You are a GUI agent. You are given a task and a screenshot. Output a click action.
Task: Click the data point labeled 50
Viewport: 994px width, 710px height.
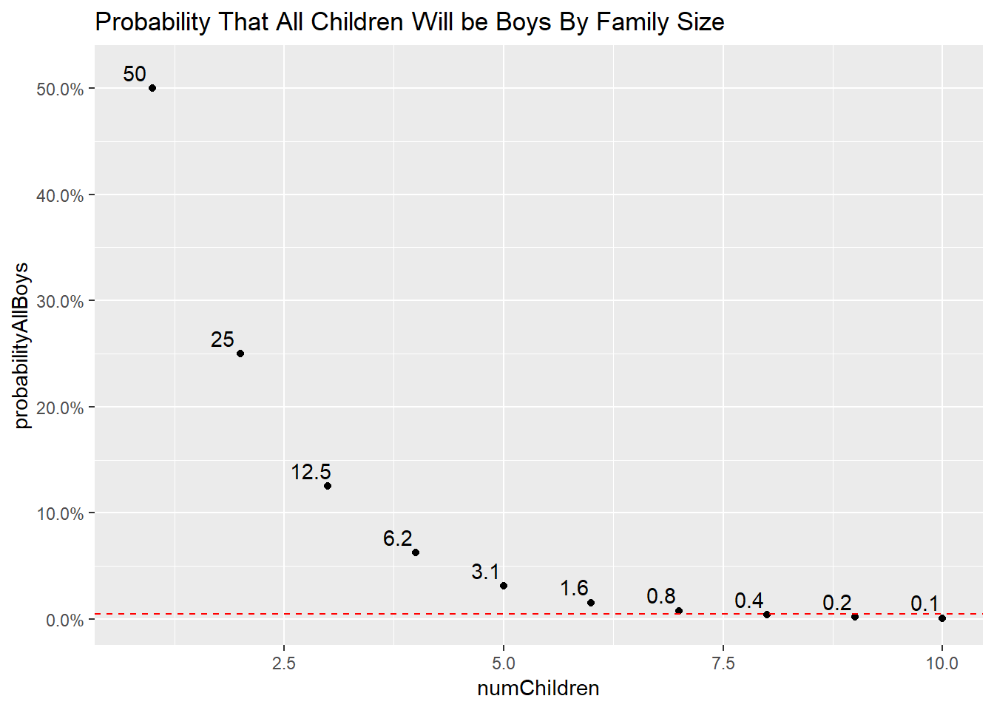pos(152,88)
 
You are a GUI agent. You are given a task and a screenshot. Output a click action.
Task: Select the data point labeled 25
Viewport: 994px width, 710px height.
pos(240,354)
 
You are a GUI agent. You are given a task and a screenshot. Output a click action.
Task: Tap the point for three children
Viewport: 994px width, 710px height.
pos(328,486)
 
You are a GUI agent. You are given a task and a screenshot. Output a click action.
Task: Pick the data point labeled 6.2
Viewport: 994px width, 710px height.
pos(416,552)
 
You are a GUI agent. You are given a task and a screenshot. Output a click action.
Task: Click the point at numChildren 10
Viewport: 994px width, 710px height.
pos(942,618)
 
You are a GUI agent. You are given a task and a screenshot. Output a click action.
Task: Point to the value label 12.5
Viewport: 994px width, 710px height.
pos(311,472)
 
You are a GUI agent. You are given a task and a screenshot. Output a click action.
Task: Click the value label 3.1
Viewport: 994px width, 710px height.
pos(485,572)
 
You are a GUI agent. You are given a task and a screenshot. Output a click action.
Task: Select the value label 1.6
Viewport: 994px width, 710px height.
pos(574,588)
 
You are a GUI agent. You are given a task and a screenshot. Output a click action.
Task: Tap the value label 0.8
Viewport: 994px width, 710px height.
pos(660,596)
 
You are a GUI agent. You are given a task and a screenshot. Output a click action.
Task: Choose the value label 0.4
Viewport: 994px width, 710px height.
pos(748,601)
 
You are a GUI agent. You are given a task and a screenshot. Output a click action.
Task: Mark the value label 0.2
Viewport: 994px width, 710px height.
pos(836,603)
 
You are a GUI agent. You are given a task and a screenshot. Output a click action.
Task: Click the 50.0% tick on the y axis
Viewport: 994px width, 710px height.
pos(60,89)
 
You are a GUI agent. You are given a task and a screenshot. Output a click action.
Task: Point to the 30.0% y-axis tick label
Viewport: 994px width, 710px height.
pos(60,302)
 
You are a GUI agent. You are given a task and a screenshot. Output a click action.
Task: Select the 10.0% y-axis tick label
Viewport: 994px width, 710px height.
pos(60,514)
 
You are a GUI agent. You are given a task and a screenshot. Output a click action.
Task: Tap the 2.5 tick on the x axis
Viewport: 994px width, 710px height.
pos(284,663)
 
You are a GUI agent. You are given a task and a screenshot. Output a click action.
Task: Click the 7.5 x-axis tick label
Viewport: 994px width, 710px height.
pos(723,663)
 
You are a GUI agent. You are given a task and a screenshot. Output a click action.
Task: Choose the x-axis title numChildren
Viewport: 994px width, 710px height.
pos(538,689)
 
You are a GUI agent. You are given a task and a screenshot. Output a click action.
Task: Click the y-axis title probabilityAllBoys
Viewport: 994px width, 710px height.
pos(21,345)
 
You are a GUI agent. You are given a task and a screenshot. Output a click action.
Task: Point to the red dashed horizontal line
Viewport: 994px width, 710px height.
pos(444,614)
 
